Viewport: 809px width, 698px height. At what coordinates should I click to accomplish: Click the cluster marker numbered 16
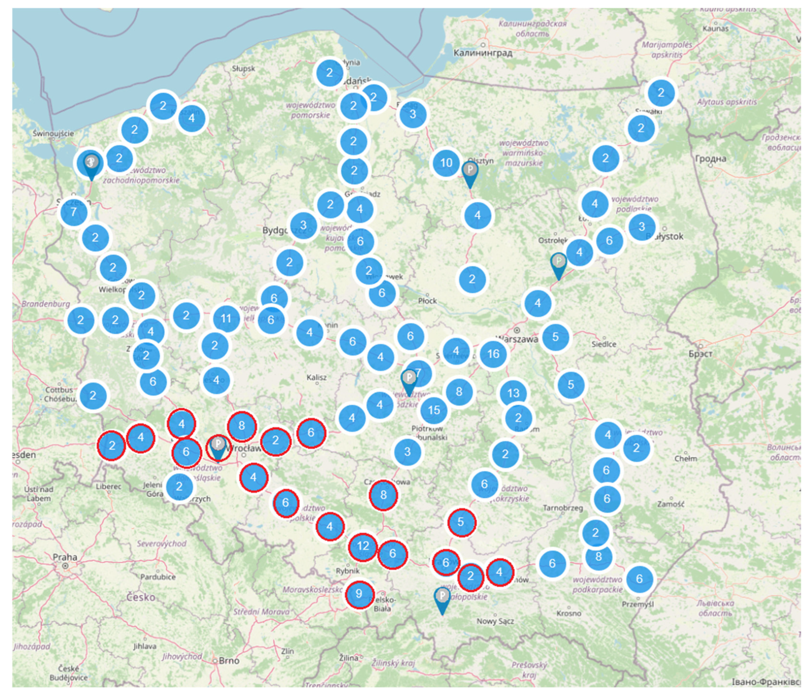coord(493,354)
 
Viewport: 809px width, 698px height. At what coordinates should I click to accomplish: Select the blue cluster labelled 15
coord(434,410)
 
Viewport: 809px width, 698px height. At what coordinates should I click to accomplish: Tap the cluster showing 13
coord(513,393)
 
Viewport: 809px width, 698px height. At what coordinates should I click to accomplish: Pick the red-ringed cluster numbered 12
coord(363,546)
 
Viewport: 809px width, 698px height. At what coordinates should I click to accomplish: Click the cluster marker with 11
coord(226,319)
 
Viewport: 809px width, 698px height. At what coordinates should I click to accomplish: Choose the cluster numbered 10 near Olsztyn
coord(446,163)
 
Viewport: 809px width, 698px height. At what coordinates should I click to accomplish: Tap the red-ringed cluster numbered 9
coord(359,594)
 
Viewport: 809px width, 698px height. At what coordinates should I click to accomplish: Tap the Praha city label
coord(65,557)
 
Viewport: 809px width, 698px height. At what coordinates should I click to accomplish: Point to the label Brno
coord(229,661)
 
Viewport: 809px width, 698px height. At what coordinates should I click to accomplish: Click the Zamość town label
coord(670,504)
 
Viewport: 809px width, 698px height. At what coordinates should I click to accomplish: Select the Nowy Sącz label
coord(495,621)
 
